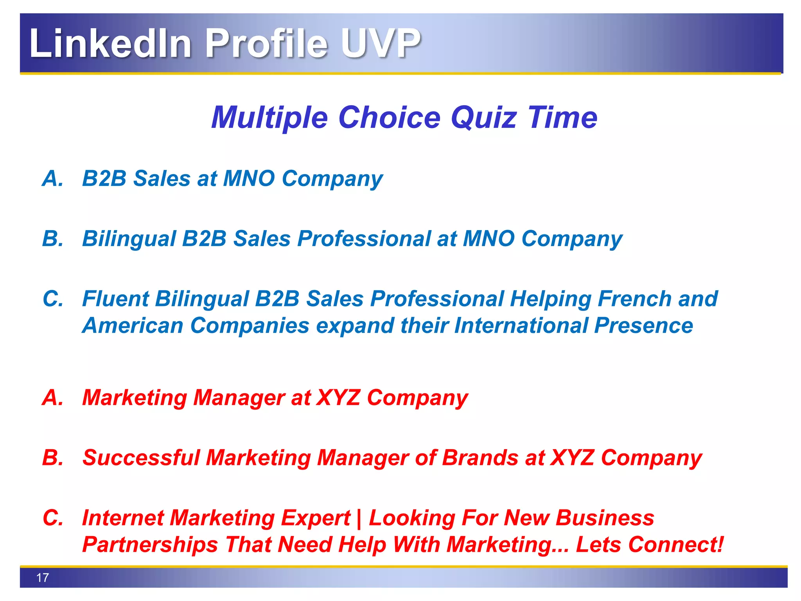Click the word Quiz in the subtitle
tap(484, 117)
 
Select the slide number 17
tap(42, 578)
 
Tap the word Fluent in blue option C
tap(115, 299)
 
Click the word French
tap(634, 299)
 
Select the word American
tap(133, 326)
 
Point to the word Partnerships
tap(150, 544)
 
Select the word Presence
tap(643, 326)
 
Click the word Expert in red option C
tap(316, 518)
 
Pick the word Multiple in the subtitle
tap(269, 117)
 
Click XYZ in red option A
tap(338, 398)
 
